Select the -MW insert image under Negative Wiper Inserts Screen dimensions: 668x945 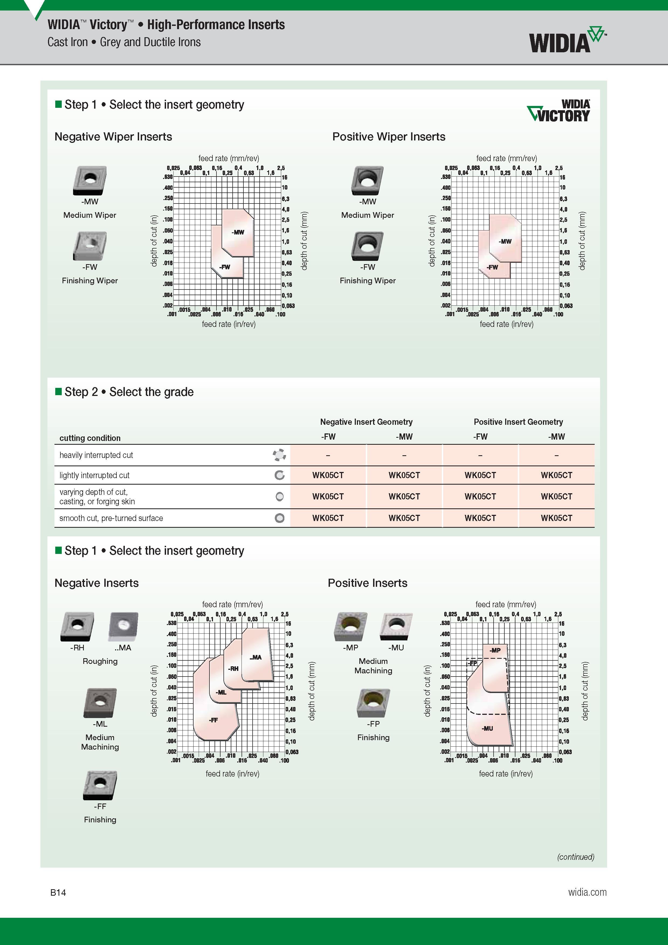pyautogui.click(x=90, y=180)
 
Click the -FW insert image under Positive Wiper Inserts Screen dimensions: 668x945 pyautogui.click(x=367, y=246)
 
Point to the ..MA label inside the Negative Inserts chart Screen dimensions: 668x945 pyautogui.click(x=256, y=657)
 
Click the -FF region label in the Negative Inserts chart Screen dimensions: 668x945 pyautogui.click(x=213, y=720)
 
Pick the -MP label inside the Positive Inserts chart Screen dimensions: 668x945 pyautogui.click(x=495, y=650)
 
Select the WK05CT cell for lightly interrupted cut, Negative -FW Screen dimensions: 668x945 pyautogui.click(x=328, y=475)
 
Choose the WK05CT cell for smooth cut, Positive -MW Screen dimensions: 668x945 pyautogui.click(x=556, y=518)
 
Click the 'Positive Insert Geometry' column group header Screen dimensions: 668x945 pyautogui.click(x=518, y=422)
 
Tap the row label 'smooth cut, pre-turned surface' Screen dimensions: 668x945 pyautogui.click(x=111, y=518)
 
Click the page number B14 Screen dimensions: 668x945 pyautogui.click(x=58, y=892)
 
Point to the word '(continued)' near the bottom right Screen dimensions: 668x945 pyautogui.click(x=576, y=857)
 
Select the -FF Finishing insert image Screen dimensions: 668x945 pyautogui.click(x=100, y=785)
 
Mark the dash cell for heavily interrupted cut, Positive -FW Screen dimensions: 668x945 pyautogui.click(x=480, y=455)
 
